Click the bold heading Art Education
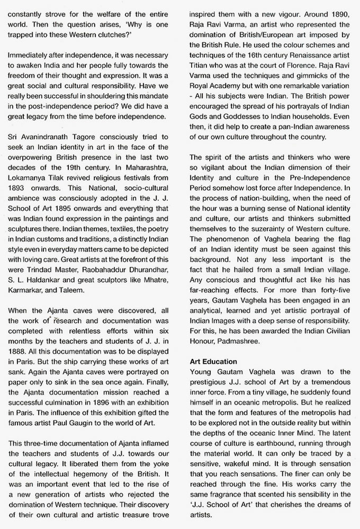[213, 361]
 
